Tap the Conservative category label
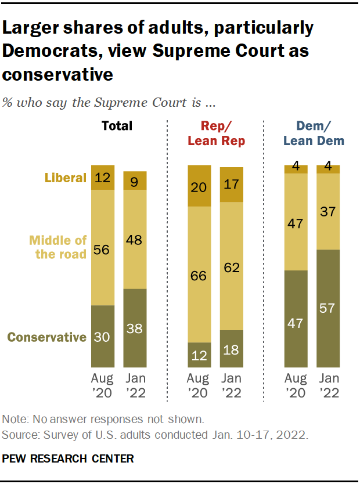tap(47, 337)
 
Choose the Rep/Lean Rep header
tap(215, 133)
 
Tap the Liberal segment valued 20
tap(199, 186)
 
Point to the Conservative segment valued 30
tap(103, 337)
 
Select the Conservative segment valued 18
tap(232, 349)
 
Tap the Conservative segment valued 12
tap(199, 355)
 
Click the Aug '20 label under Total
tap(103, 386)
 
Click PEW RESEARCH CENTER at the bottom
tap(68, 459)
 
